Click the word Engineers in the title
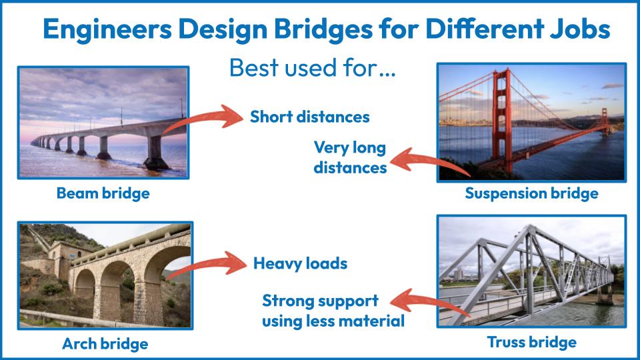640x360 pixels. click(x=107, y=29)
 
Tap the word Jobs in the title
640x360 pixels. click(x=579, y=29)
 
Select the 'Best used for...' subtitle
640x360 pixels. click(x=312, y=68)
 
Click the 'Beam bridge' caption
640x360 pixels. click(x=103, y=193)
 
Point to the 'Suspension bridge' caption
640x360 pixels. click(x=531, y=193)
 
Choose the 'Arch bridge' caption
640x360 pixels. click(x=105, y=344)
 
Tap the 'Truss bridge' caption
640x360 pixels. click(x=531, y=342)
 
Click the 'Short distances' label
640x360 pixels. click(x=310, y=117)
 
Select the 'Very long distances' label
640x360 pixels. click(x=350, y=157)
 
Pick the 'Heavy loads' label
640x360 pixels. click(x=301, y=264)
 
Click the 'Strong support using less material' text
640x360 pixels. click(x=333, y=311)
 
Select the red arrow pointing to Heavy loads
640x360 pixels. click(x=208, y=265)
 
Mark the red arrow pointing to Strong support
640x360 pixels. click(x=429, y=303)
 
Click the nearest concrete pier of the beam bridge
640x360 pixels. click(x=156, y=152)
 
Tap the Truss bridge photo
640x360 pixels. click(x=531, y=271)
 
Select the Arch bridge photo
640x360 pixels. click(x=105, y=275)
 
